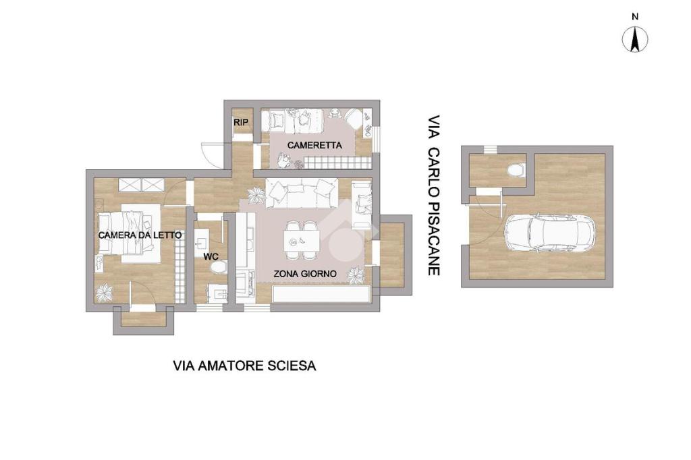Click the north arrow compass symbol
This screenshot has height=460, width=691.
pyautogui.click(x=635, y=39)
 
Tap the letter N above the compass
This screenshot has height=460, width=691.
pyautogui.click(x=635, y=17)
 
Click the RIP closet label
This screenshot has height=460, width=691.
pyautogui.click(x=241, y=122)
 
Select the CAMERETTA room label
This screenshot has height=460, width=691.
pyautogui.click(x=314, y=145)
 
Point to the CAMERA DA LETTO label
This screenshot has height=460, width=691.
pyautogui.click(x=140, y=235)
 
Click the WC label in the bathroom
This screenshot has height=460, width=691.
pyautogui.click(x=211, y=257)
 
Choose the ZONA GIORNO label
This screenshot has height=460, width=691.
pyautogui.click(x=305, y=274)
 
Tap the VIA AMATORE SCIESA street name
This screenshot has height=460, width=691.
pyautogui.click(x=244, y=366)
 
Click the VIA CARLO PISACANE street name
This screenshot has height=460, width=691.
pyautogui.click(x=435, y=196)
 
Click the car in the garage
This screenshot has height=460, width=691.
pyautogui.click(x=549, y=233)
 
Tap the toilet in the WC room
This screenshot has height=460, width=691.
pyautogui.click(x=219, y=267)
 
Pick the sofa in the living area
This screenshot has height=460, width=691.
pyautogui.click(x=302, y=193)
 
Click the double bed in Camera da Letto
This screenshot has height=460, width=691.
pyautogui.click(x=128, y=233)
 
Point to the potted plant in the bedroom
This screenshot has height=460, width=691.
pyautogui.click(x=105, y=293)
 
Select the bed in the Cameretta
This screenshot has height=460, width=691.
pyautogui.click(x=292, y=120)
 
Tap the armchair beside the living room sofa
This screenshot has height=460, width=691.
pyautogui.click(x=362, y=206)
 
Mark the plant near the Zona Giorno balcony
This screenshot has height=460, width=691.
pyautogui.click(x=355, y=277)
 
